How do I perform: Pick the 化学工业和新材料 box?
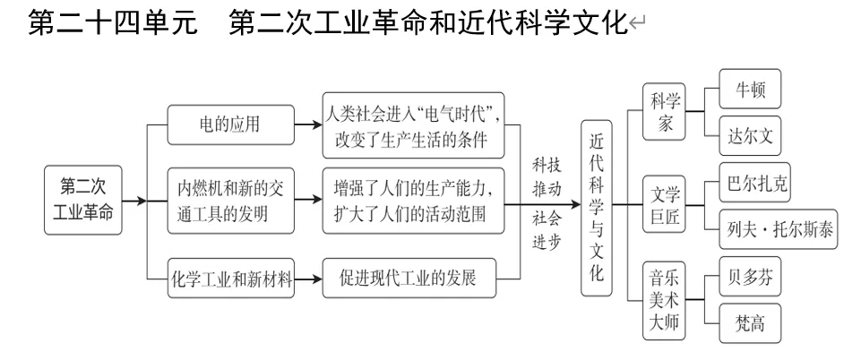click(x=232, y=279)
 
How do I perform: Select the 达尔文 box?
click(x=750, y=136)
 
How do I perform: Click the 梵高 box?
click(x=750, y=323)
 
